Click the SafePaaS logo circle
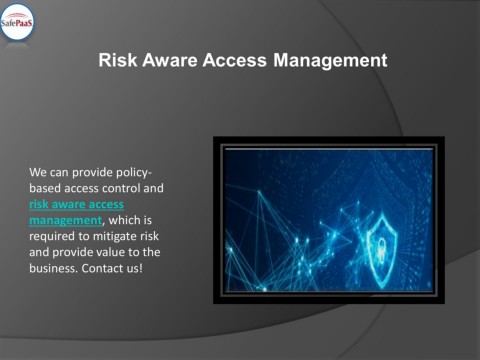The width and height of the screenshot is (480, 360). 18,21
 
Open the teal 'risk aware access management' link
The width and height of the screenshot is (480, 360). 76,212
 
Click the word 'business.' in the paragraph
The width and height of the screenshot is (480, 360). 53,268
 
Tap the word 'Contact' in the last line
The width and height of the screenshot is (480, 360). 102,268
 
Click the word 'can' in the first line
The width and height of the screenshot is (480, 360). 61,172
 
